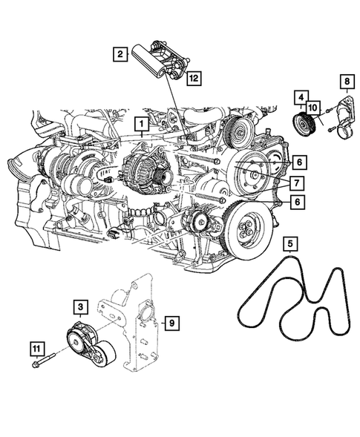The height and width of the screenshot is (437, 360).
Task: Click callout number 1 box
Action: (x=139, y=122)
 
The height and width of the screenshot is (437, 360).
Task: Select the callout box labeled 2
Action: (x=118, y=53)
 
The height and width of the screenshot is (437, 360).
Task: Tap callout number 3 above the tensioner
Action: (x=79, y=306)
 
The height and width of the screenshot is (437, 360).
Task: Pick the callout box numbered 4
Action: (x=300, y=96)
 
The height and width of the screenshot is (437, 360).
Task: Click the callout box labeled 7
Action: (x=295, y=182)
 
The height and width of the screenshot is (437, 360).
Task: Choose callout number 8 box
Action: (x=346, y=80)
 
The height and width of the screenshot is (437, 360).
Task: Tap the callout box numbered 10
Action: (x=313, y=108)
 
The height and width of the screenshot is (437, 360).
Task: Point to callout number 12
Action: (x=193, y=76)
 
